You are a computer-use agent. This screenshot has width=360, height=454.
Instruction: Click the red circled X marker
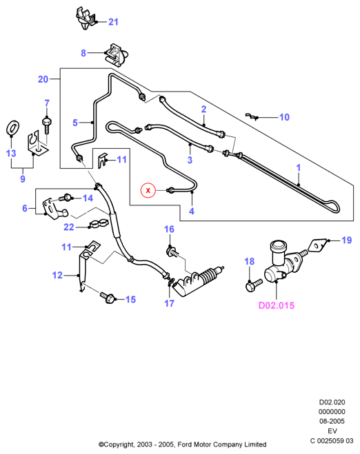pos(148,190)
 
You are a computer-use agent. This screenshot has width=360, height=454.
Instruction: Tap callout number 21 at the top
pos(113,22)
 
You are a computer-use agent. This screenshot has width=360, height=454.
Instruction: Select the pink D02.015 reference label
pos(277,305)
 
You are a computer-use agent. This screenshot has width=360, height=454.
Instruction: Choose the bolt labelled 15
pos(108,298)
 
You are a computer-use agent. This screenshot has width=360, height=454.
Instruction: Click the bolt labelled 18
pos(253,285)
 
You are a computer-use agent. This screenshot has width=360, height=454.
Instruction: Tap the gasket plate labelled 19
pos(317,245)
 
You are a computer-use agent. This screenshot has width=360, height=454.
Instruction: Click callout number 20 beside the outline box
pos(43,79)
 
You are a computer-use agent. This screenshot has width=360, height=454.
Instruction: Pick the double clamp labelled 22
pos(98,224)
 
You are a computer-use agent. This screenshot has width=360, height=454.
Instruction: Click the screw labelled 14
pos(66,198)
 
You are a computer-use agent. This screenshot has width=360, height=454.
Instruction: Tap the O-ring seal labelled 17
pos(171,281)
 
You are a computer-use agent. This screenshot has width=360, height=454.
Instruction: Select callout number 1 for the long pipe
pos(299,167)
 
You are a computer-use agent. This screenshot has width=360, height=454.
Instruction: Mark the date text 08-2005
pos(332,422)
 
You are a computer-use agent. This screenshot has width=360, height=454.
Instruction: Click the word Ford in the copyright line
pos(183,444)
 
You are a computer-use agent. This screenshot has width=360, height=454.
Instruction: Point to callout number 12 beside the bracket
pos(57,275)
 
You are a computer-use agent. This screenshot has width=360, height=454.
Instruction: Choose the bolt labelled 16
pos(172,251)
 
